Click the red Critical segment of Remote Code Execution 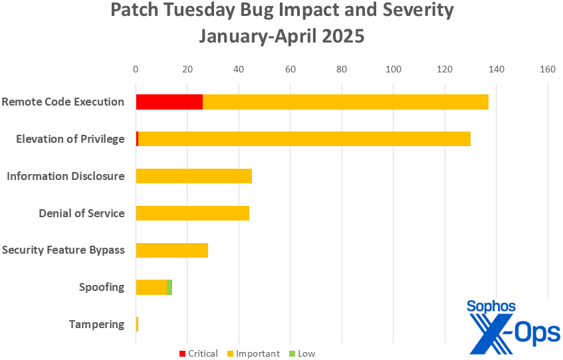coord(169,102)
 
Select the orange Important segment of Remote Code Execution coord(345,102)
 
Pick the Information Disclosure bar coord(193,176)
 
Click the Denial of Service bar coord(192,213)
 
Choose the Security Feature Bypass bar coord(171,250)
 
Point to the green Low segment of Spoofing coord(169,287)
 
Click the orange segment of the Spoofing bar coord(151,287)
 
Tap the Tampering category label coord(96,324)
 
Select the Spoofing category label coord(101,287)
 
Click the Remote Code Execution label coord(62,102)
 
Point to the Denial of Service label coord(81,213)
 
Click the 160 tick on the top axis coord(548,68)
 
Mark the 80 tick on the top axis coord(342,68)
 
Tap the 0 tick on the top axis coord(136,68)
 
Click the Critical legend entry coord(199,353)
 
